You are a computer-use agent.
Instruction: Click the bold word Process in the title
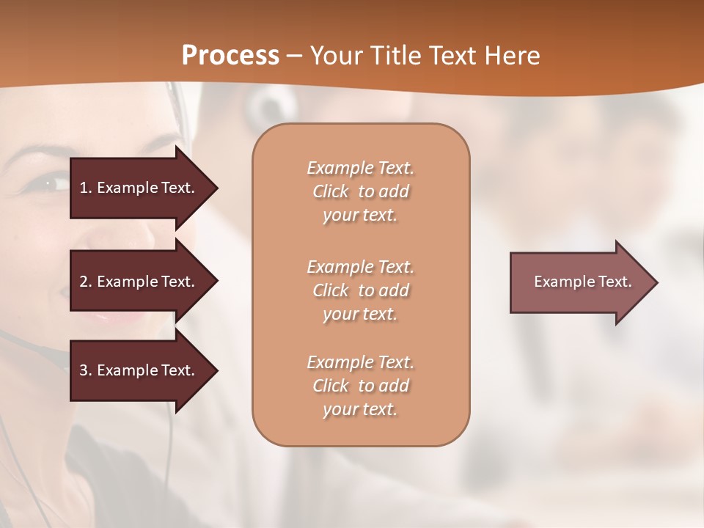point(230,56)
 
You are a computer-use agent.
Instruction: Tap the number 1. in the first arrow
point(86,188)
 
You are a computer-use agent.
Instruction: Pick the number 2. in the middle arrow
point(86,282)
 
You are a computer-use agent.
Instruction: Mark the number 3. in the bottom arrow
point(86,370)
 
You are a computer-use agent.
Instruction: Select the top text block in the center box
point(360,191)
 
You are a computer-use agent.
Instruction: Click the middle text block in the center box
point(360,290)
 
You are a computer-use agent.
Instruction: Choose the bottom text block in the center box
point(360,386)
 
